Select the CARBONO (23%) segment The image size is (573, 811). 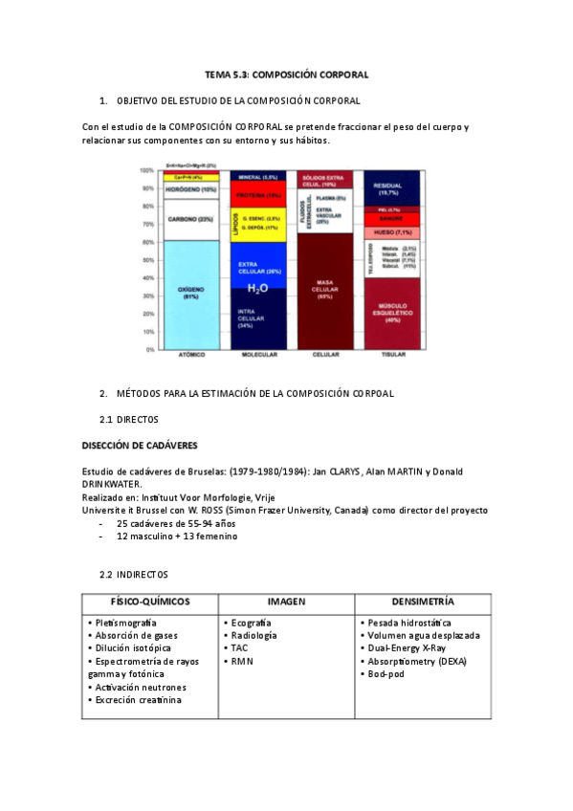coord(191,219)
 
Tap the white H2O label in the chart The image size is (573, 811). coord(257,288)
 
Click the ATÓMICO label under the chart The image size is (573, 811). coord(191,355)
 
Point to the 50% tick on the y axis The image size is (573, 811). coord(147,259)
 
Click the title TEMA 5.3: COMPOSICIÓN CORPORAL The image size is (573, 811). coord(287,74)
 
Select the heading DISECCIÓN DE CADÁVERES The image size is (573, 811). coord(140,445)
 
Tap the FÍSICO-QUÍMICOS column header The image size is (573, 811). coord(150,602)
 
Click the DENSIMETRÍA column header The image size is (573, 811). coord(423,602)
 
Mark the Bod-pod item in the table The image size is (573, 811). coord(387,674)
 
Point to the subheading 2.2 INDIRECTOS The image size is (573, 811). coord(134,574)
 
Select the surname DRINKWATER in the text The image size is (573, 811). coord(112,484)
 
